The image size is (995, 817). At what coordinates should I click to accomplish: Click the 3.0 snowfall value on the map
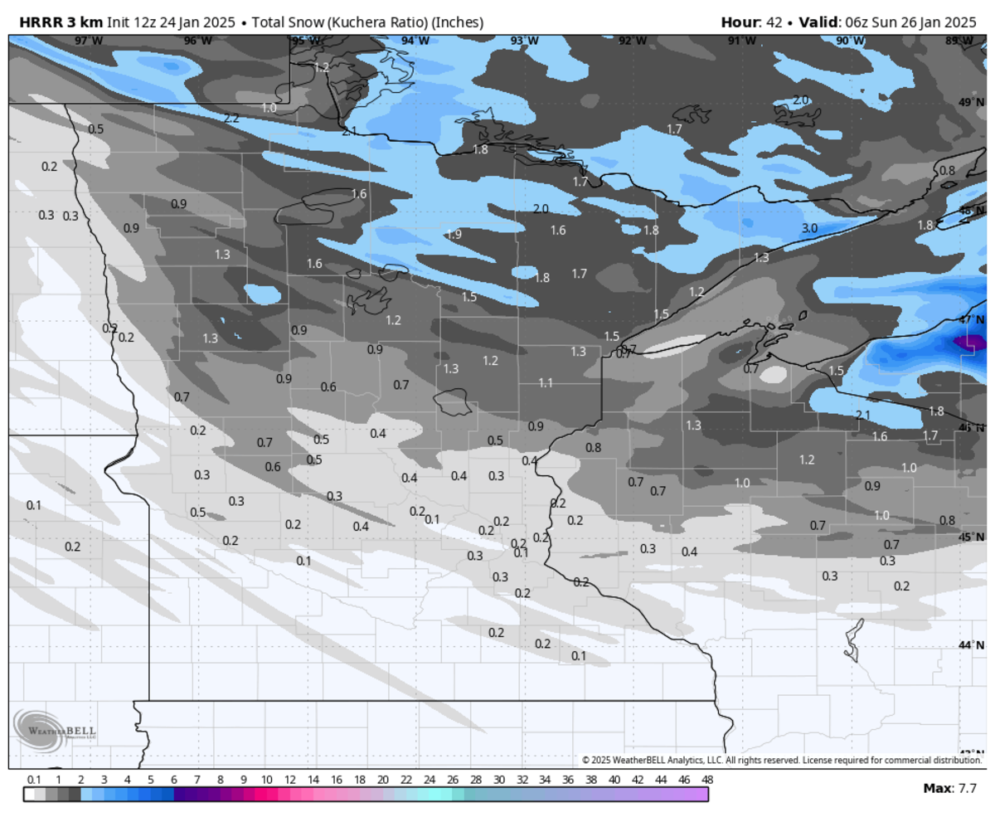click(x=810, y=228)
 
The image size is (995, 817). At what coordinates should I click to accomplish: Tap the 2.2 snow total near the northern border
click(x=231, y=119)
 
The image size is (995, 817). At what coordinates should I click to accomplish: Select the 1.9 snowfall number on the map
click(x=454, y=234)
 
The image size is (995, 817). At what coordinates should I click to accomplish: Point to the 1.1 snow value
click(x=546, y=382)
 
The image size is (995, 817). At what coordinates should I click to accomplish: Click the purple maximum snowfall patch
click(x=970, y=341)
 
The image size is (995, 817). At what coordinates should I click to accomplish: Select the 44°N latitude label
click(x=970, y=645)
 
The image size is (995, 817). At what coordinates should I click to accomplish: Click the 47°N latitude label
click(x=970, y=319)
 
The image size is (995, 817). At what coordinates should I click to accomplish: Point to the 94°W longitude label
click(x=415, y=41)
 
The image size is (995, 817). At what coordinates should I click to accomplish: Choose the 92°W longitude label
click(x=633, y=41)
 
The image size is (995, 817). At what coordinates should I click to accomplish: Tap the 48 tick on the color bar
click(x=706, y=780)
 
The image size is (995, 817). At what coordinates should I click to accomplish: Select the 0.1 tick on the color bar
click(x=34, y=780)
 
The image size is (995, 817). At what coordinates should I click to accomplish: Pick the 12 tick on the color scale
click(x=289, y=780)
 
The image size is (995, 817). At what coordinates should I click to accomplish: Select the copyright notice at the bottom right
click(x=781, y=760)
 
